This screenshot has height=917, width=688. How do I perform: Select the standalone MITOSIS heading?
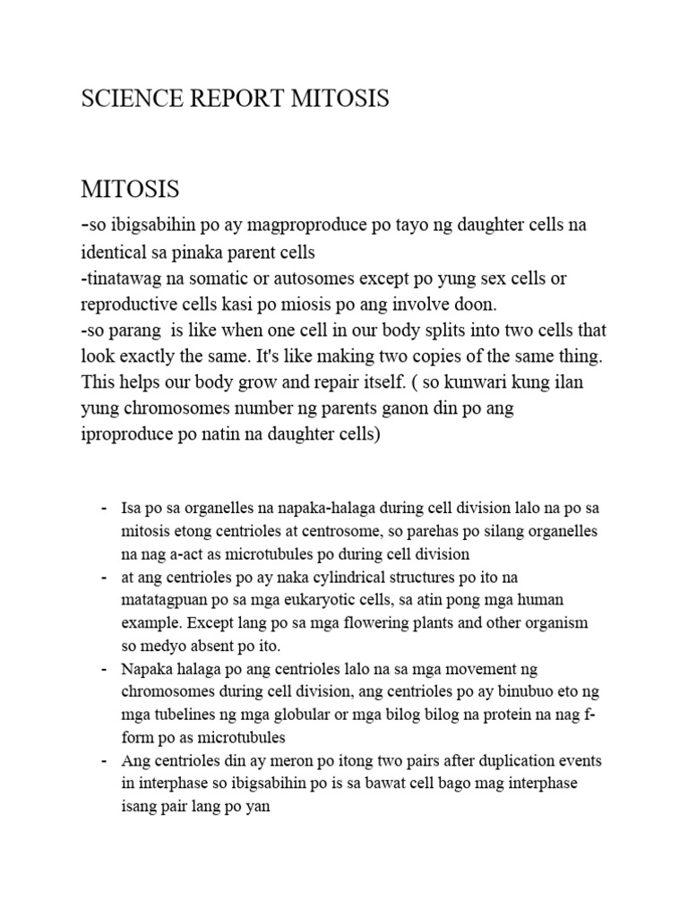click(x=130, y=190)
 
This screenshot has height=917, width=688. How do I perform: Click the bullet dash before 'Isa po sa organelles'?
click(x=103, y=508)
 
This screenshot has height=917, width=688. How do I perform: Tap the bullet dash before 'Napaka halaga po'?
click(x=103, y=669)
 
